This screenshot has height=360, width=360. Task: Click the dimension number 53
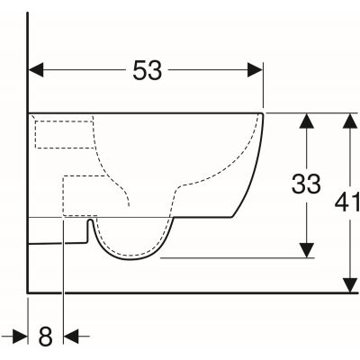(x=148, y=70)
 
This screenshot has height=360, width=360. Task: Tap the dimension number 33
(x=306, y=184)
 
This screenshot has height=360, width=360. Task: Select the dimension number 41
(x=346, y=202)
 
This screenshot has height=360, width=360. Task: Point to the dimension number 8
(x=46, y=336)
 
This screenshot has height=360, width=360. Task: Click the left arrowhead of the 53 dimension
(x=36, y=70)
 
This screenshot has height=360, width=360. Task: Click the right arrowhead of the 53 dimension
(x=255, y=70)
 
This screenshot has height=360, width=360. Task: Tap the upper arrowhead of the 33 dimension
(x=306, y=121)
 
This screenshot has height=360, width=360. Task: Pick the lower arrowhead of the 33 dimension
(x=306, y=250)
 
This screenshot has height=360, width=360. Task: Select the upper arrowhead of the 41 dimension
(x=350, y=121)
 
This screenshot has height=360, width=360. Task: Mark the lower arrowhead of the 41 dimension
(x=350, y=285)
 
